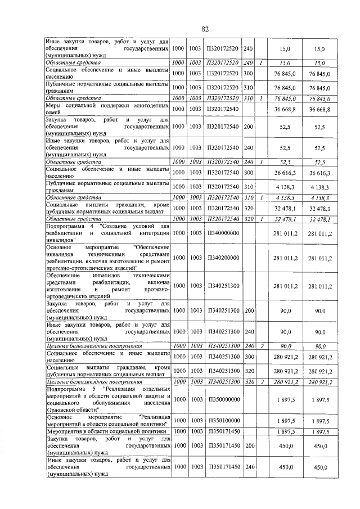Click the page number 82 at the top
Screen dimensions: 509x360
point(205,29)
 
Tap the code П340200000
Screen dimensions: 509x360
point(224,257)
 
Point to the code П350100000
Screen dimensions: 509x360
point(224,421)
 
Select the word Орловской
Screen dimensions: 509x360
point(64,410)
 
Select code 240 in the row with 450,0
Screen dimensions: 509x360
point(249,467)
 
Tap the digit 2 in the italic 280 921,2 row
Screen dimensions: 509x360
point(262,382)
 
